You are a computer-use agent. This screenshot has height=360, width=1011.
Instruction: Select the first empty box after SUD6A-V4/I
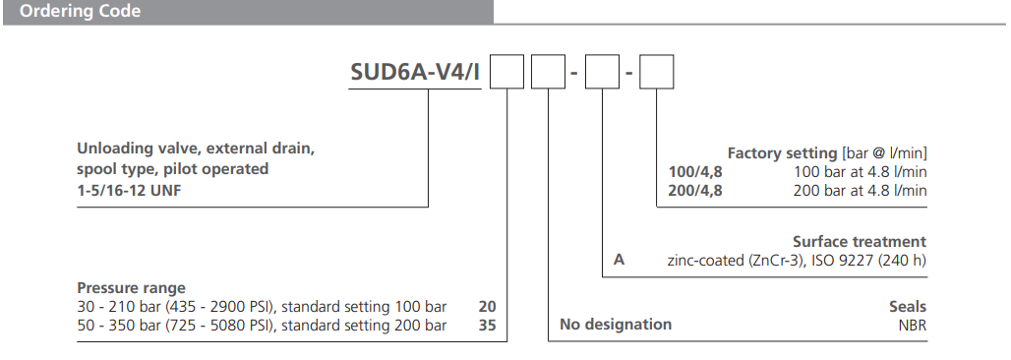pos(507,74)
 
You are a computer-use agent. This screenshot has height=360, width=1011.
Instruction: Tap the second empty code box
pos(548,74)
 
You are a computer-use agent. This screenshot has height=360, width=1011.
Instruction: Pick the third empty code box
pos(602,74)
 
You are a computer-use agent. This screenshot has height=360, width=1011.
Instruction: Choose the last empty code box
pos(657,74)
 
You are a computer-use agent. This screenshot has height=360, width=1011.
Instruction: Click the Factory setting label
pos(782,153)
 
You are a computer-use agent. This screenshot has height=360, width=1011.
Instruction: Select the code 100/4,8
pos(694,172)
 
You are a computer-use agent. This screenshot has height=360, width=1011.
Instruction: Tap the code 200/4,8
pos(694,191)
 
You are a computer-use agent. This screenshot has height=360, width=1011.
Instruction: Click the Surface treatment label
pos(860,242)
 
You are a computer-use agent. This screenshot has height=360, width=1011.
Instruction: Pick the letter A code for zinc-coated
pos(619,261)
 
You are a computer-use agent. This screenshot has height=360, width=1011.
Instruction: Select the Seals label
pos(908,307)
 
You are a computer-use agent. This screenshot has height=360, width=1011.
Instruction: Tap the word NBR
pos(911,325)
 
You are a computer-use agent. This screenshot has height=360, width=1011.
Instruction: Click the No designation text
pos(616,325)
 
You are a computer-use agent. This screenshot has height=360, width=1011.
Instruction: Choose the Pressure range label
pos(131,288)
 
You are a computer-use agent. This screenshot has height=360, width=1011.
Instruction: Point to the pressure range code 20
pos(486,307)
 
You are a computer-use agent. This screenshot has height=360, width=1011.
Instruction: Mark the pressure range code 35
pos(486,326)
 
